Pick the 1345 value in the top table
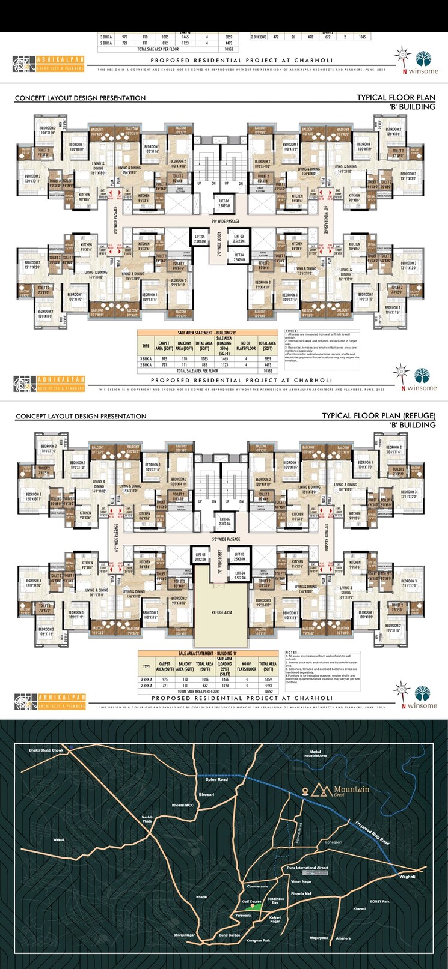[x=361, y=37]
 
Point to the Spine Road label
[x=216, y=779]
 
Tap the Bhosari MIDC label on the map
[x=183, y=804]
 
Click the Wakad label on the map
[x=58, y=839]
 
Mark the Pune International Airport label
[x=307, y=868]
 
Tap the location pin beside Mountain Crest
[x=305, y=790]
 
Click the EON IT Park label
[x=380, y=901]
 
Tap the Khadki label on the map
[x=201, y=897]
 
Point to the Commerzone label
[x=257, y=886]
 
